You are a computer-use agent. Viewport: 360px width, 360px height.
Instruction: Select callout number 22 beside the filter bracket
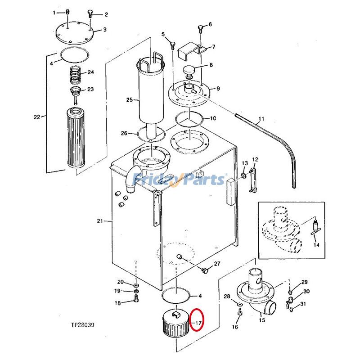pos(37,117)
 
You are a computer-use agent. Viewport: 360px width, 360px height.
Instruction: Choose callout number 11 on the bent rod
pos(260,120)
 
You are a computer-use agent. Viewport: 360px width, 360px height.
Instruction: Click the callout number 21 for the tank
pos(100,220)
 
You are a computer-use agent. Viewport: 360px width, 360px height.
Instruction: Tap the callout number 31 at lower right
pos(303,304)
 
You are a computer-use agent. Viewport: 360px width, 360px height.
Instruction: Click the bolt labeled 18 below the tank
pos(136,302)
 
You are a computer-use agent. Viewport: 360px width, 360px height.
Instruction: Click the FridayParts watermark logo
pos(180,179)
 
